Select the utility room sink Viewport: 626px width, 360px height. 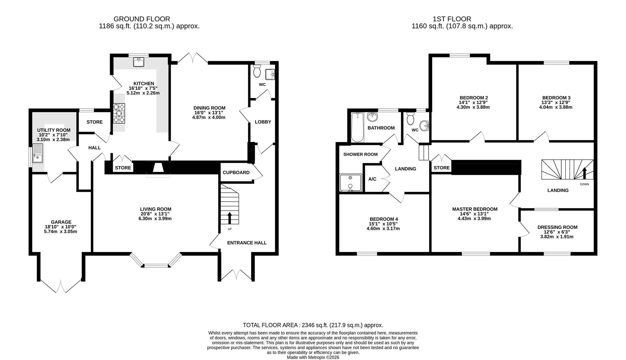(x=38, y=154)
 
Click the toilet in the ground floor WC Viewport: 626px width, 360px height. (x=257, y=71)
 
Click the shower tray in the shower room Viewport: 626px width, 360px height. (x=350, y=183)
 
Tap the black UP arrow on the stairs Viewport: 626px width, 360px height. (x=230, y=218)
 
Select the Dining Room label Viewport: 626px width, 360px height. (x=209, y=108)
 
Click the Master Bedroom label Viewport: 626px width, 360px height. (x=474, y=209)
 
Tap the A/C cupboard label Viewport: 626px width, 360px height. (x=372, y=179)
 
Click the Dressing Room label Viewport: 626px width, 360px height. (x=557, y=227)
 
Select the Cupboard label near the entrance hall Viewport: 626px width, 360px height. (x=236, y=172)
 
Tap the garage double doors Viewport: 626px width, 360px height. (x=61, y=286)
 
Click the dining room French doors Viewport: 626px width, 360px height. (x=193, y=58)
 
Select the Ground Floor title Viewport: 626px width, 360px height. (x=142, y=19)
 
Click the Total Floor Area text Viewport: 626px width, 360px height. (x=313, y=325)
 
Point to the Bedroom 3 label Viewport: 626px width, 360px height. (x=556, y=98)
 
